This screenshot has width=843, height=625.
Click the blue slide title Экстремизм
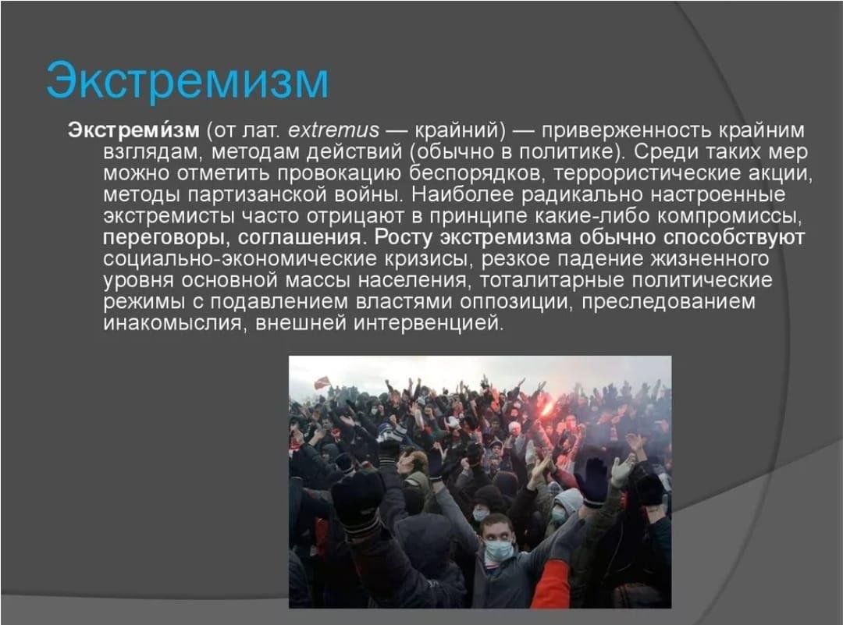tap(187, 81)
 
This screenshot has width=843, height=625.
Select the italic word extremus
tap(333, 130)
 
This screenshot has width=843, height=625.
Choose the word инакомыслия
tap(173, 324)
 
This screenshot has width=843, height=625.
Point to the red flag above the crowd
tap(322, 382)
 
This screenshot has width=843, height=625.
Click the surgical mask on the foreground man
tap(498, 550)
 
